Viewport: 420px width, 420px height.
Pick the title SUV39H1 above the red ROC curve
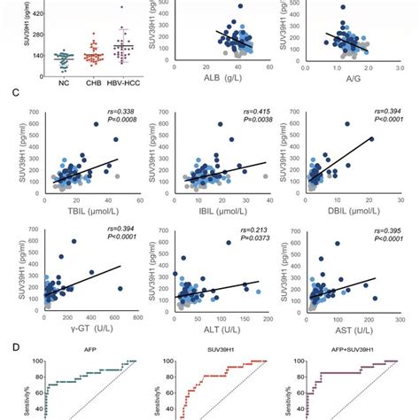pos(220,350)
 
